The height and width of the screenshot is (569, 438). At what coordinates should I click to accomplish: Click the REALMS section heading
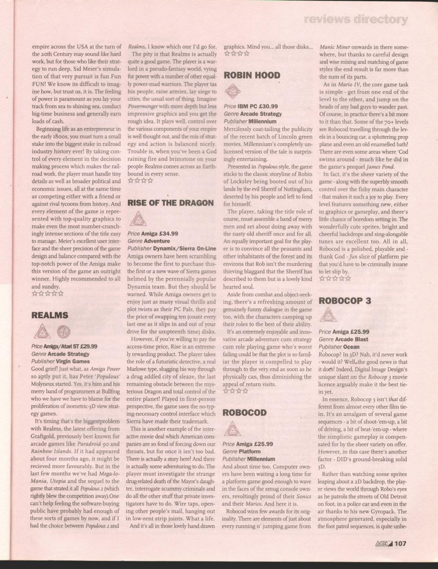tap(50, 315)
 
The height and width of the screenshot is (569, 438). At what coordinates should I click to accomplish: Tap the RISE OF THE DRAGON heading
tap(170, 203)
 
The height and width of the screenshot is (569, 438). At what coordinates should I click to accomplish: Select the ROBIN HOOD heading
tap(252, 75)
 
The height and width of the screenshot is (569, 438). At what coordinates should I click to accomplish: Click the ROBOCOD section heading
tap(244, 413)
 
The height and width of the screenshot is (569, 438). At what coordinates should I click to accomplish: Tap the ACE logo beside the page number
tap(384, 543)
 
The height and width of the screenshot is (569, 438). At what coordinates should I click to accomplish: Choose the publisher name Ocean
tap(351, 347)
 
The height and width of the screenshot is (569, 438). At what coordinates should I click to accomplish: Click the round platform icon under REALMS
tap(63, 332)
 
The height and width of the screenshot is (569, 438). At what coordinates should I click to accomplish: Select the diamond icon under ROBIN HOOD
tap(232, 91)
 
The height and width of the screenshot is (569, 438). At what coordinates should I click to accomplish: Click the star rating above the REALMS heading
tap(48, 294)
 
